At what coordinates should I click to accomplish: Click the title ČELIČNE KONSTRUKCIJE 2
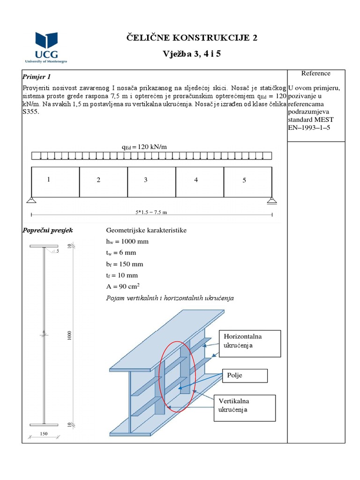[x=192, y=38]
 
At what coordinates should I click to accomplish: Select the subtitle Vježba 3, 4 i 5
[x=192, y=53]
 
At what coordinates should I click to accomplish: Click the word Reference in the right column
[x=315, y=74]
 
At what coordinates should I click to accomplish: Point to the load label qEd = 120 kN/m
[x=144, y=147]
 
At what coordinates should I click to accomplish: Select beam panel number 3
[x=146, y=180]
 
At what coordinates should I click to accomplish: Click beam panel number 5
[x=244, y=180]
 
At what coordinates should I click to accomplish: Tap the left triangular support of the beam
[x=31, y=201]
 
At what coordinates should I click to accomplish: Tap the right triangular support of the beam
[x=272, y=201]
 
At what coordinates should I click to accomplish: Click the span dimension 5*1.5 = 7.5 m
[x=151, y=212]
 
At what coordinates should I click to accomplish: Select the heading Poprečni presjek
[x=48, y=231]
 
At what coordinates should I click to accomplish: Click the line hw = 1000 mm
[x=128, y=241]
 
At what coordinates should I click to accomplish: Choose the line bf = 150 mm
[x=125, y=264]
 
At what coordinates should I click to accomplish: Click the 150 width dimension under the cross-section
[x=44, y=434]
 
